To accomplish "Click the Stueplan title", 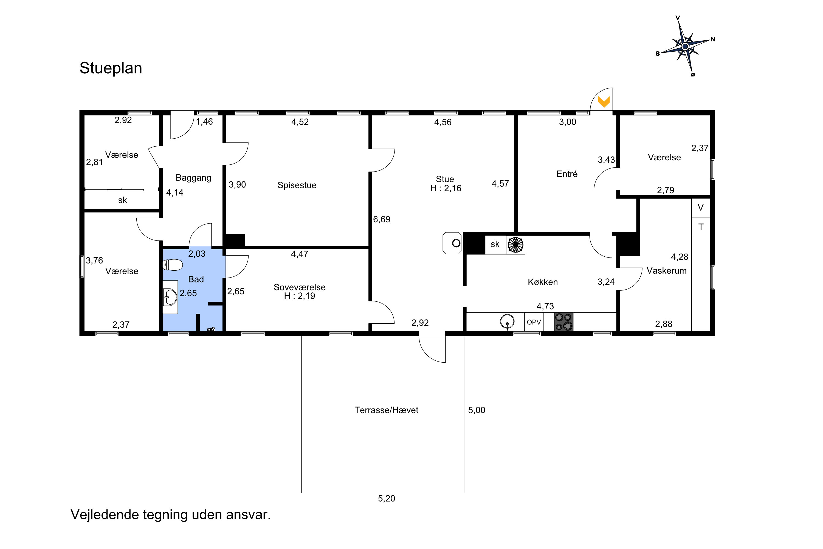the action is (111, 68).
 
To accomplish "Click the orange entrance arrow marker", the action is (604, 102).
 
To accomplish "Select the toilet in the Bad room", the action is (173, 265).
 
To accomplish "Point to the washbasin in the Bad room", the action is (170, 297).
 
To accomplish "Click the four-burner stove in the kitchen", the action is (564, 322).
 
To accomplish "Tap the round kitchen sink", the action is (507, 321).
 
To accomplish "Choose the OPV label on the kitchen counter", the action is (534, 322).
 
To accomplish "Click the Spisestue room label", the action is (297, 185).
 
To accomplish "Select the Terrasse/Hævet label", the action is (386, 410).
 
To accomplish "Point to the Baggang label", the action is (193, 178).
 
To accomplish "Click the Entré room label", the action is (567, 174).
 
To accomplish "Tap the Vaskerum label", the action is (666, 271).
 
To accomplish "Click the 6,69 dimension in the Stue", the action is (382, 220).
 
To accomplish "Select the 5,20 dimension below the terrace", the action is (386, 498).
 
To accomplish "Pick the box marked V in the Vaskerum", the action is (701, 208).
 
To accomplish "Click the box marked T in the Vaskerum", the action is (701, 227).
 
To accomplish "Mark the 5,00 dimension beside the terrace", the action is (477, 410).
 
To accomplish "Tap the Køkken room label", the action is (543, 282).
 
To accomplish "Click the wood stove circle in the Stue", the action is (456, 243).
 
